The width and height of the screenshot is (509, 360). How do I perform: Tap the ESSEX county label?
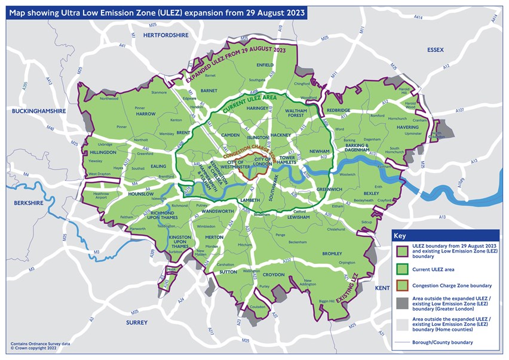(x=434, y=50)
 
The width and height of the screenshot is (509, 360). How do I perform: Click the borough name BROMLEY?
(x=332, y=254)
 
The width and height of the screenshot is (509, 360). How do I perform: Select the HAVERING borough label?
(x=408, y=127)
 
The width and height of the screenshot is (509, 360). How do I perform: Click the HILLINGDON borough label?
(x=102, y=152)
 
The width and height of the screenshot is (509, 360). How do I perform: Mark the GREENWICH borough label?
(x=329, y=189)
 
